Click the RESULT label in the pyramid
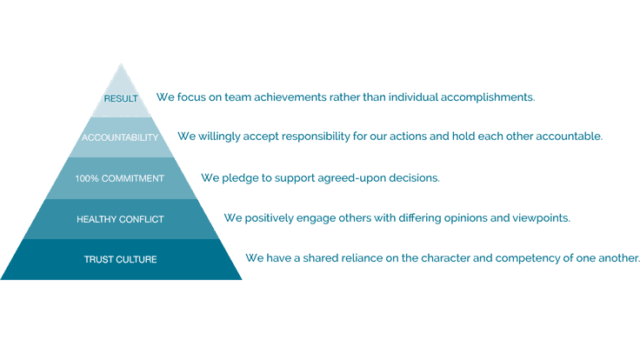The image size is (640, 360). [x=121, y=98]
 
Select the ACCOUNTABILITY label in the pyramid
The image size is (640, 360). [x=120, y=137]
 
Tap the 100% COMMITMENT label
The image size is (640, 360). [x=120, y=178]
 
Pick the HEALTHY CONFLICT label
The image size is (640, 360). [x=120, y=219]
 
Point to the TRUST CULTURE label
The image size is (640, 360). [x=120, y=259]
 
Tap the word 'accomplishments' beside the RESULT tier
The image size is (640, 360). [x=487, y=98]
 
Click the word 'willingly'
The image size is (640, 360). [x=219, y=137]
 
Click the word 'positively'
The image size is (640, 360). [x=269, y=218]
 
